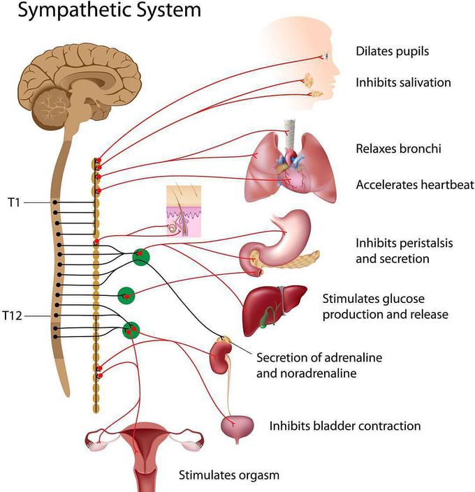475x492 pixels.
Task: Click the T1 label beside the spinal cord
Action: click(14, 202)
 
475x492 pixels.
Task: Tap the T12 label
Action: click(13, 315)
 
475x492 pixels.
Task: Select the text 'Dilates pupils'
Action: click(392, 52)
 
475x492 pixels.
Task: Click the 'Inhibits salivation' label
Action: click(403, 82)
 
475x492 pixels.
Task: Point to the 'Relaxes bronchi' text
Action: click(398, 149)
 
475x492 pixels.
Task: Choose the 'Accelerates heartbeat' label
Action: click(415, 184)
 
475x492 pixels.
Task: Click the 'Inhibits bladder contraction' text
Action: click(345, 426)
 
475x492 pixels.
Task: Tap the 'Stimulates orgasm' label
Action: click(229, 475)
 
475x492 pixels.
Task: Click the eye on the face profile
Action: click(326, 56)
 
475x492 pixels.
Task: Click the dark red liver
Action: click(272, 308)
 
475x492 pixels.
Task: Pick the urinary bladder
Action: click(237, 426)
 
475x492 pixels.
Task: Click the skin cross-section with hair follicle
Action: click(184, 211)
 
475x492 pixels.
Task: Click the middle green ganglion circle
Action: click(126, 296)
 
